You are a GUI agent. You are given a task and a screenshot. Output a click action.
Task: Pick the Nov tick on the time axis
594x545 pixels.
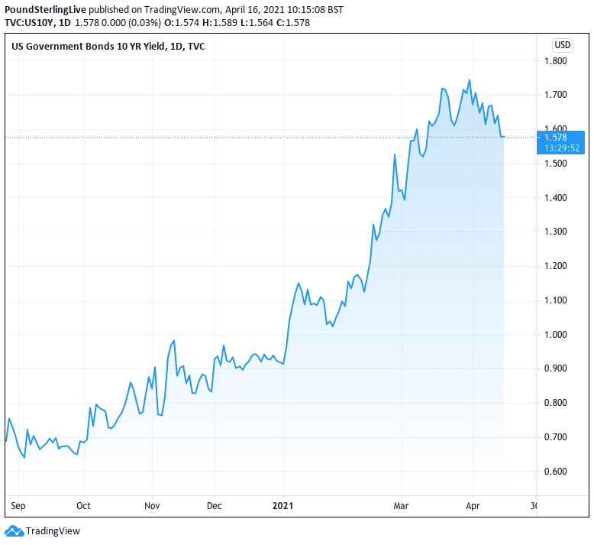151,505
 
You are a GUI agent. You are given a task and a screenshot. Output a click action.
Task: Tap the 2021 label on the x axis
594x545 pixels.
283,505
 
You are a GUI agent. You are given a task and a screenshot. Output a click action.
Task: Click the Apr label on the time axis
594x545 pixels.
473,505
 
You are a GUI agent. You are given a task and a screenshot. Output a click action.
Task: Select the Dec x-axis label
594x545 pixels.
215,505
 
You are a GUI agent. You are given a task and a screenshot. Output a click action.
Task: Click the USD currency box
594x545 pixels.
563,44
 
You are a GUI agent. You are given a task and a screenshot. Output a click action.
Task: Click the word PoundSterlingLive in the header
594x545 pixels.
44,10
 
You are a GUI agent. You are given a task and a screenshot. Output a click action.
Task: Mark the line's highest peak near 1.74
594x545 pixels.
469,80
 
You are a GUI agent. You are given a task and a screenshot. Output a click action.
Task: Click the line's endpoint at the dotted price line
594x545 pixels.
503,137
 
